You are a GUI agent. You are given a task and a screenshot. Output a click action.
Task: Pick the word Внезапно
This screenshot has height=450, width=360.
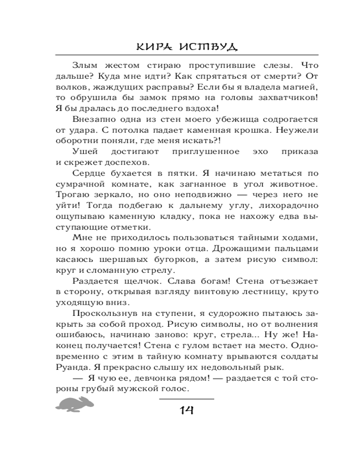(92, 120)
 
